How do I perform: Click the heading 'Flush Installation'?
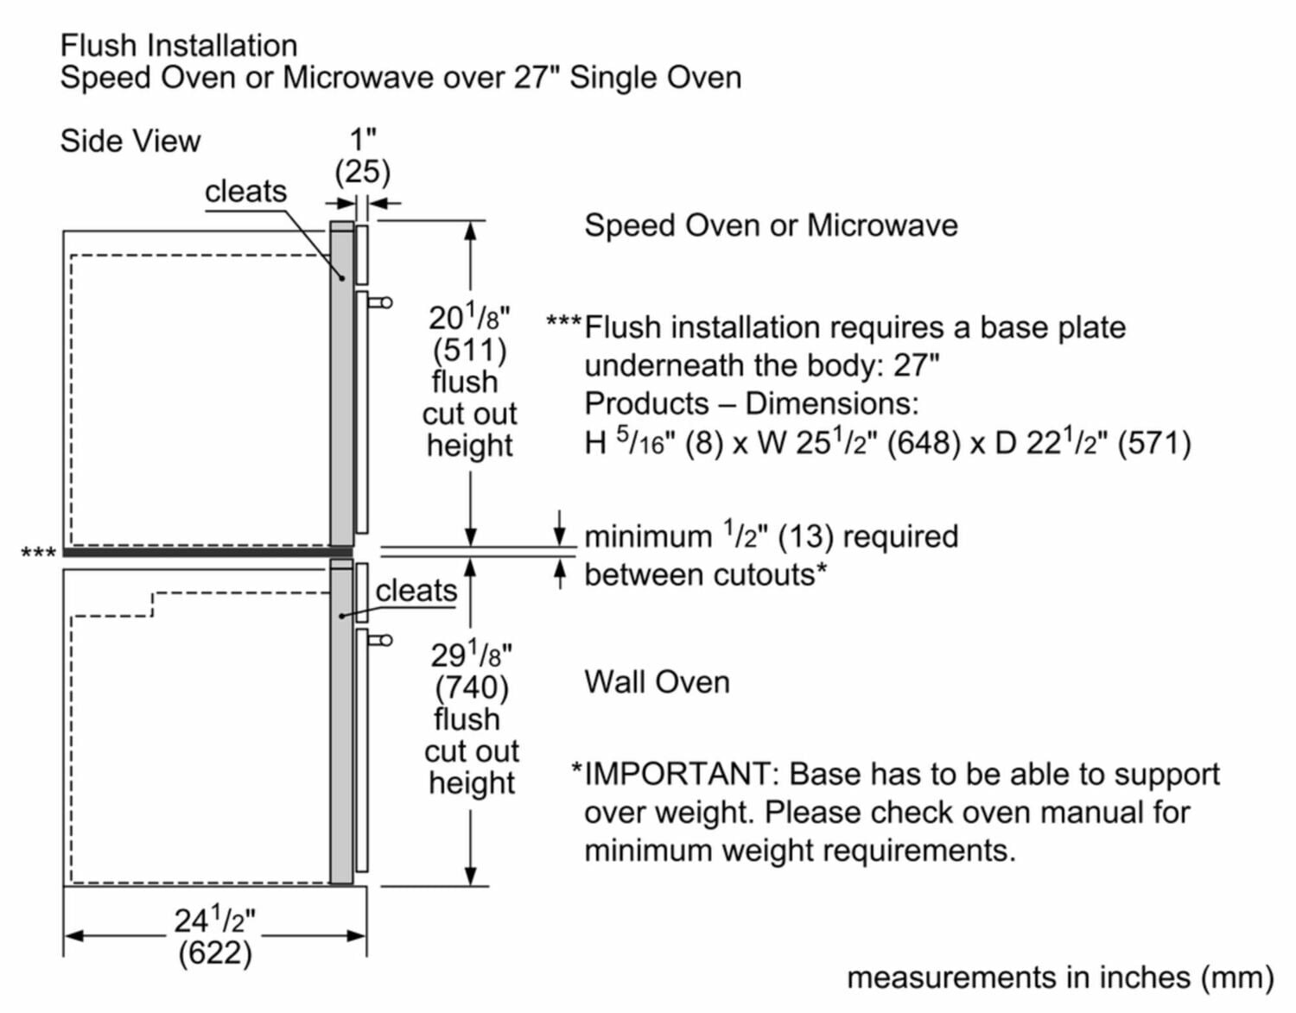[x=179, y=45]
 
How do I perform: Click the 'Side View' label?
[x=130, y=141]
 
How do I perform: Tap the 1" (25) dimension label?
[x=363, y=156]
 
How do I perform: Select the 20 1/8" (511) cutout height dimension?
[x=469, y=334]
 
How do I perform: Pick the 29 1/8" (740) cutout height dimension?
[x=471, y=671]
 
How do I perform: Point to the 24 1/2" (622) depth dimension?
[x=215, y=936]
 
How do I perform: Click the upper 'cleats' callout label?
[x=245, y=191]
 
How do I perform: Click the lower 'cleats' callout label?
[x=416, y=591]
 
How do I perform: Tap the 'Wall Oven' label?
[x=657, y=682]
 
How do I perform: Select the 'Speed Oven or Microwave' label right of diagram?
[x=771, y=225]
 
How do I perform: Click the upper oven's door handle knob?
[x=384, y=302]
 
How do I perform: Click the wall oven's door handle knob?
[x=384, y=640]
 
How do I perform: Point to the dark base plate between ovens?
[x=207, y=553]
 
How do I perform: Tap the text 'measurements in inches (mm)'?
[x=1060, y=978]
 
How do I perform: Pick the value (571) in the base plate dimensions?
[x=1153, y=443]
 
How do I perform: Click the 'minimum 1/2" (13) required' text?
[x=771, y=536]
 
